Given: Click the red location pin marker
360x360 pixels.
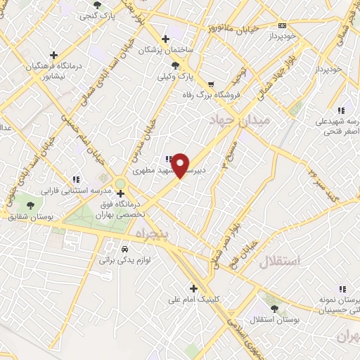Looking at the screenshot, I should pos(181,165).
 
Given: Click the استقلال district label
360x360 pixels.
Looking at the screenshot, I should pos(280,262).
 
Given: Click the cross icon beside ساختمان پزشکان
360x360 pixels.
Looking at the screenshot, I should pos(165,38).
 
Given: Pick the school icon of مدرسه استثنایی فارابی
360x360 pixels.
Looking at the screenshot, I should pos(76,179).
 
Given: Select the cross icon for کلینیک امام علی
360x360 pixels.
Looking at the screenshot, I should pos(193,288).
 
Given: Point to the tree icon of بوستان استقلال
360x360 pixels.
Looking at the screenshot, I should pos(273,307).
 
